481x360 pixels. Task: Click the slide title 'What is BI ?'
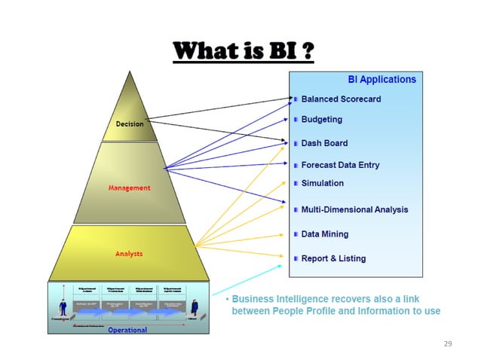tap(244, 52)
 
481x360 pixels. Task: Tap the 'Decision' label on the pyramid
tap(129, 124)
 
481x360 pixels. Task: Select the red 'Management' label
tap(129, 188)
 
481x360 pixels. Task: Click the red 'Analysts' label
tap(129, 254)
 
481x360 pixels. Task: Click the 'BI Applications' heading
tap(381, 79)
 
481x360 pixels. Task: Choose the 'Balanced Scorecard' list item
tap(341, 99)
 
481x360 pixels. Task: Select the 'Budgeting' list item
tap(321, 120)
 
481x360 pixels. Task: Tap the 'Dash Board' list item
tap(324, 142)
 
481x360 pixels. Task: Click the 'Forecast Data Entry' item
tap(340, 165)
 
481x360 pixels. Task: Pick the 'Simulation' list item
tap(322, 183)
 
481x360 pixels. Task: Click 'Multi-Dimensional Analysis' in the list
tap(354, 209)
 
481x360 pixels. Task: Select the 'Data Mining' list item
tap(324, 234)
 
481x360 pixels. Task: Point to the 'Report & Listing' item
tap(333, 258)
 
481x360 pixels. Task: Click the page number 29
tap(448, 343)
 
